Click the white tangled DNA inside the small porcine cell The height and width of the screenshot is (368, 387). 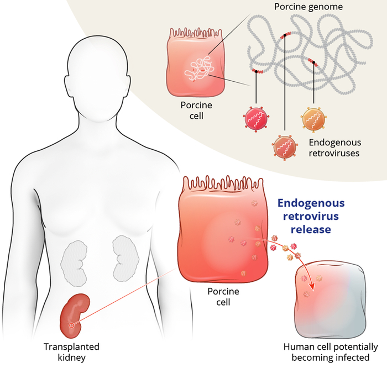click(200, 70)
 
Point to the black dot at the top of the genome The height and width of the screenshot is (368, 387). click(285, 35)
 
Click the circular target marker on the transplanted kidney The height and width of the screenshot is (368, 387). click(71, 325)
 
